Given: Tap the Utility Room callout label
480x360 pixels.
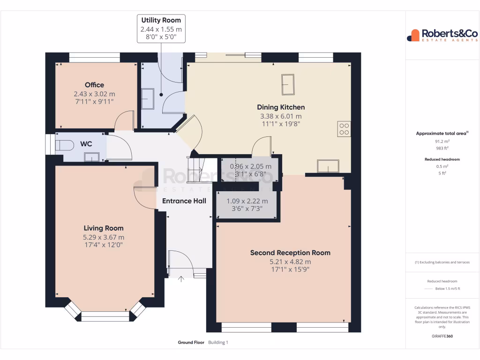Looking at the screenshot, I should pos(161,20).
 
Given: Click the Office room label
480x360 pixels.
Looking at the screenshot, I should pos(94,85).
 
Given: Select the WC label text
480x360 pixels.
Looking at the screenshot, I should pos(86,144).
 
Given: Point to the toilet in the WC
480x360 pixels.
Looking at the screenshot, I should pos(64,145).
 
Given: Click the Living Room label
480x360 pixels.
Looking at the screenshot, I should pos(104,228).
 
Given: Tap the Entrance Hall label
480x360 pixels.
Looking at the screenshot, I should pos(184,201).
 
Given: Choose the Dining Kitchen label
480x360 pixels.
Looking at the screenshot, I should pos(281,107).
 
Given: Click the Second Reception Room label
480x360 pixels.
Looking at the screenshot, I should pos(290,253).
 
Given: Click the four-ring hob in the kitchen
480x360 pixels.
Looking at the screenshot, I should pos(344,129).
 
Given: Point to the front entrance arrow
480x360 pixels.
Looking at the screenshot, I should pos(181,280).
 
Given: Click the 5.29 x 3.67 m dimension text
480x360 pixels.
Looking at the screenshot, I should pos(104,237).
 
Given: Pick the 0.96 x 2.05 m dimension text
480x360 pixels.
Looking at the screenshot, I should pos(251,166).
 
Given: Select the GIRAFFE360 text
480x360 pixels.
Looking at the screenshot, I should pos(442,336).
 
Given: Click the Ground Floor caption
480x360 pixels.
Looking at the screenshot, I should pos(191,343).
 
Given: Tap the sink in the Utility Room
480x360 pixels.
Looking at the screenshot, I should pos(148,98).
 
